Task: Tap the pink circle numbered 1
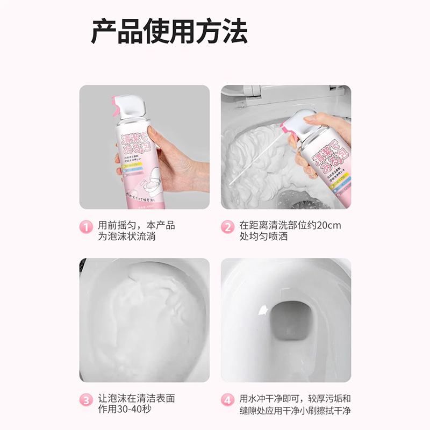(85, 226)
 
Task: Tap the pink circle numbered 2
(227, 226)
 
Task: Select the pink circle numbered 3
(85, 400)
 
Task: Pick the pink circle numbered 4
(227, 400)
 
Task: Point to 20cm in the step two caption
(329, 225)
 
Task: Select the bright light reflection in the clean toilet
(263, 310)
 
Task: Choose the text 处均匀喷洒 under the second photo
(263, 236)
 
